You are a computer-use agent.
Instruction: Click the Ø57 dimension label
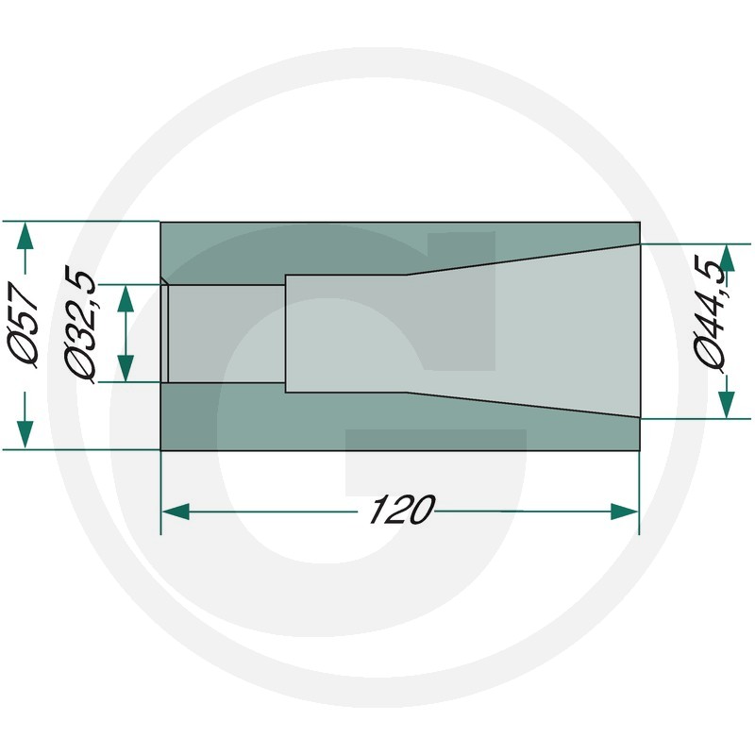(24, 326)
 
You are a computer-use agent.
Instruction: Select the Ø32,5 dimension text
(80, 327)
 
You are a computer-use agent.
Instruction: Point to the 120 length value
(401, 510)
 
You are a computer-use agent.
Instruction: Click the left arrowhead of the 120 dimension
(176, 512)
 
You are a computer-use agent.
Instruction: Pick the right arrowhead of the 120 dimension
(624, 512)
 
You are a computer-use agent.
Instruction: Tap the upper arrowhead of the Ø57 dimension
(25, 235)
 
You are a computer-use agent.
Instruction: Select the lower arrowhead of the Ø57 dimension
(25, 435)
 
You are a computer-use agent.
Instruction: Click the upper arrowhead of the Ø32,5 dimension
(126, 299)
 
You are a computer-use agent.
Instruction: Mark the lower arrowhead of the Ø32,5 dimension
(126, 368)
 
